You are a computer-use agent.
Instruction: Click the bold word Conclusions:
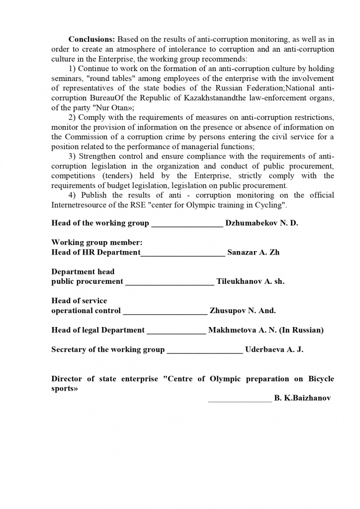pos(92,39)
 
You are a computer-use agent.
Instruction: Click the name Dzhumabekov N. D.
pos(262,223)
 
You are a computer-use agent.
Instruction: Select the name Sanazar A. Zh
pos(253,253)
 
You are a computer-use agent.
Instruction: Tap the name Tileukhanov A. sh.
pos(250,282)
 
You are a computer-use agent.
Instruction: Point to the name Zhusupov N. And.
pos(243,311)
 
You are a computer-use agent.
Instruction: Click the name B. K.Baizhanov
pos(302,399)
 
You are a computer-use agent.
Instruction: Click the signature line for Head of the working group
pos(187,225)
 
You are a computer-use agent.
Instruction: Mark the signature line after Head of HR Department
pos(183,254)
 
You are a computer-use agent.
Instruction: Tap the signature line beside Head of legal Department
pos(176,332)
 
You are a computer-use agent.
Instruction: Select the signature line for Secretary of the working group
pos(205,351)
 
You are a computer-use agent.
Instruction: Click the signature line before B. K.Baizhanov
pos(240,400)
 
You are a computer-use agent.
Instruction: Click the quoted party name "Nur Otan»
pos(113,107)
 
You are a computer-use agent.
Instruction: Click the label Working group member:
pos(97,243)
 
